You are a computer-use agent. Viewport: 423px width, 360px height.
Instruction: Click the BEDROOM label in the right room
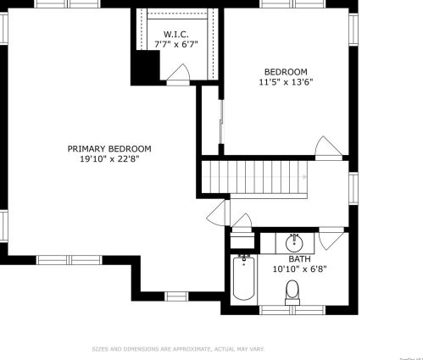286,72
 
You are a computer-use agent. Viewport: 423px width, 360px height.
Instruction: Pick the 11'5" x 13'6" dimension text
286,83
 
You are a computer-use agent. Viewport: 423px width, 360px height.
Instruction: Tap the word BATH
299,259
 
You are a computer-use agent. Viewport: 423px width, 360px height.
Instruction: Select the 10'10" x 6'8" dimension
299,269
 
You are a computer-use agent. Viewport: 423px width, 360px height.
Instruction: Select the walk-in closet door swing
179,77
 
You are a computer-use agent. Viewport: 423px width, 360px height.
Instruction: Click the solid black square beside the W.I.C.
145,68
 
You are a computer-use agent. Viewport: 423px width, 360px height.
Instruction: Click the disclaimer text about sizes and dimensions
178,348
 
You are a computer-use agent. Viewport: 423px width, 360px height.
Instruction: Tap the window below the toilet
292,309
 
